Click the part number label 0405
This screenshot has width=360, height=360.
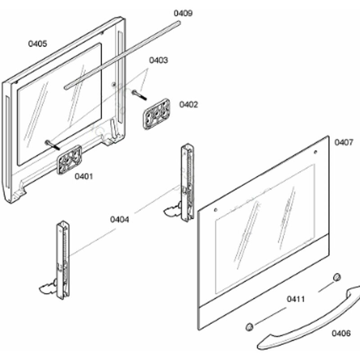(x=38, y=44)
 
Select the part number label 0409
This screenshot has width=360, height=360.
(x=183, y=13)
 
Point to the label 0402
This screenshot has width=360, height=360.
(x=189, y=104)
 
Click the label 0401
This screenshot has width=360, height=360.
(x=84, y=176)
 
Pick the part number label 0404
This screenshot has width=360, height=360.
(x=120, y=220)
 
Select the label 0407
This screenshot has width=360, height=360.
(x=344, y=142)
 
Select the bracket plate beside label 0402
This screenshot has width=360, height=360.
(x=157, y=113)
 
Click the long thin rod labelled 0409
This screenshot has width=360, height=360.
(x=121, y=49)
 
